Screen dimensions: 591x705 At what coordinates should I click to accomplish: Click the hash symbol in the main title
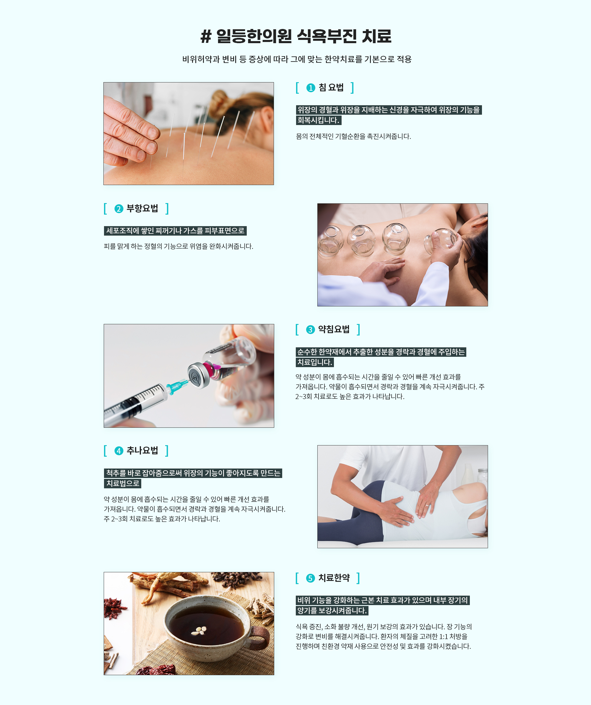[x=206, y=36]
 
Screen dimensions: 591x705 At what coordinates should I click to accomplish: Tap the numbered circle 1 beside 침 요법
[x=311, y=88]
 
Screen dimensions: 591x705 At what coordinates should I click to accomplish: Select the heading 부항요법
[x=142, y=208]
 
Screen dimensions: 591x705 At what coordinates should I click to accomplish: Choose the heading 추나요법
[x=142, y=450]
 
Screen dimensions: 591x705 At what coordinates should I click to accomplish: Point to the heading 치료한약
[x=334, y=578]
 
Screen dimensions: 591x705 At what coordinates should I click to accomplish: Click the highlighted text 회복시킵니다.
[x=319, y=120]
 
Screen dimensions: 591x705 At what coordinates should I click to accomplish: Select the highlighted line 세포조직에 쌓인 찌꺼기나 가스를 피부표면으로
[x=175, y=231]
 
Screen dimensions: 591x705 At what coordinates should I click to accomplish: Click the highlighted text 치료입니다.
[x=315, y=362]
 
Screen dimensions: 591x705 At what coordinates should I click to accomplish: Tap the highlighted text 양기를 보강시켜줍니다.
[x=332, y=611]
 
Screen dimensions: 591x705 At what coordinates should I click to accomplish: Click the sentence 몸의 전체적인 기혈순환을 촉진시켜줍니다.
[x=353, y=136]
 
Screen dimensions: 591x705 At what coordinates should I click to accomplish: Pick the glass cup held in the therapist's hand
[x=440, y=241]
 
